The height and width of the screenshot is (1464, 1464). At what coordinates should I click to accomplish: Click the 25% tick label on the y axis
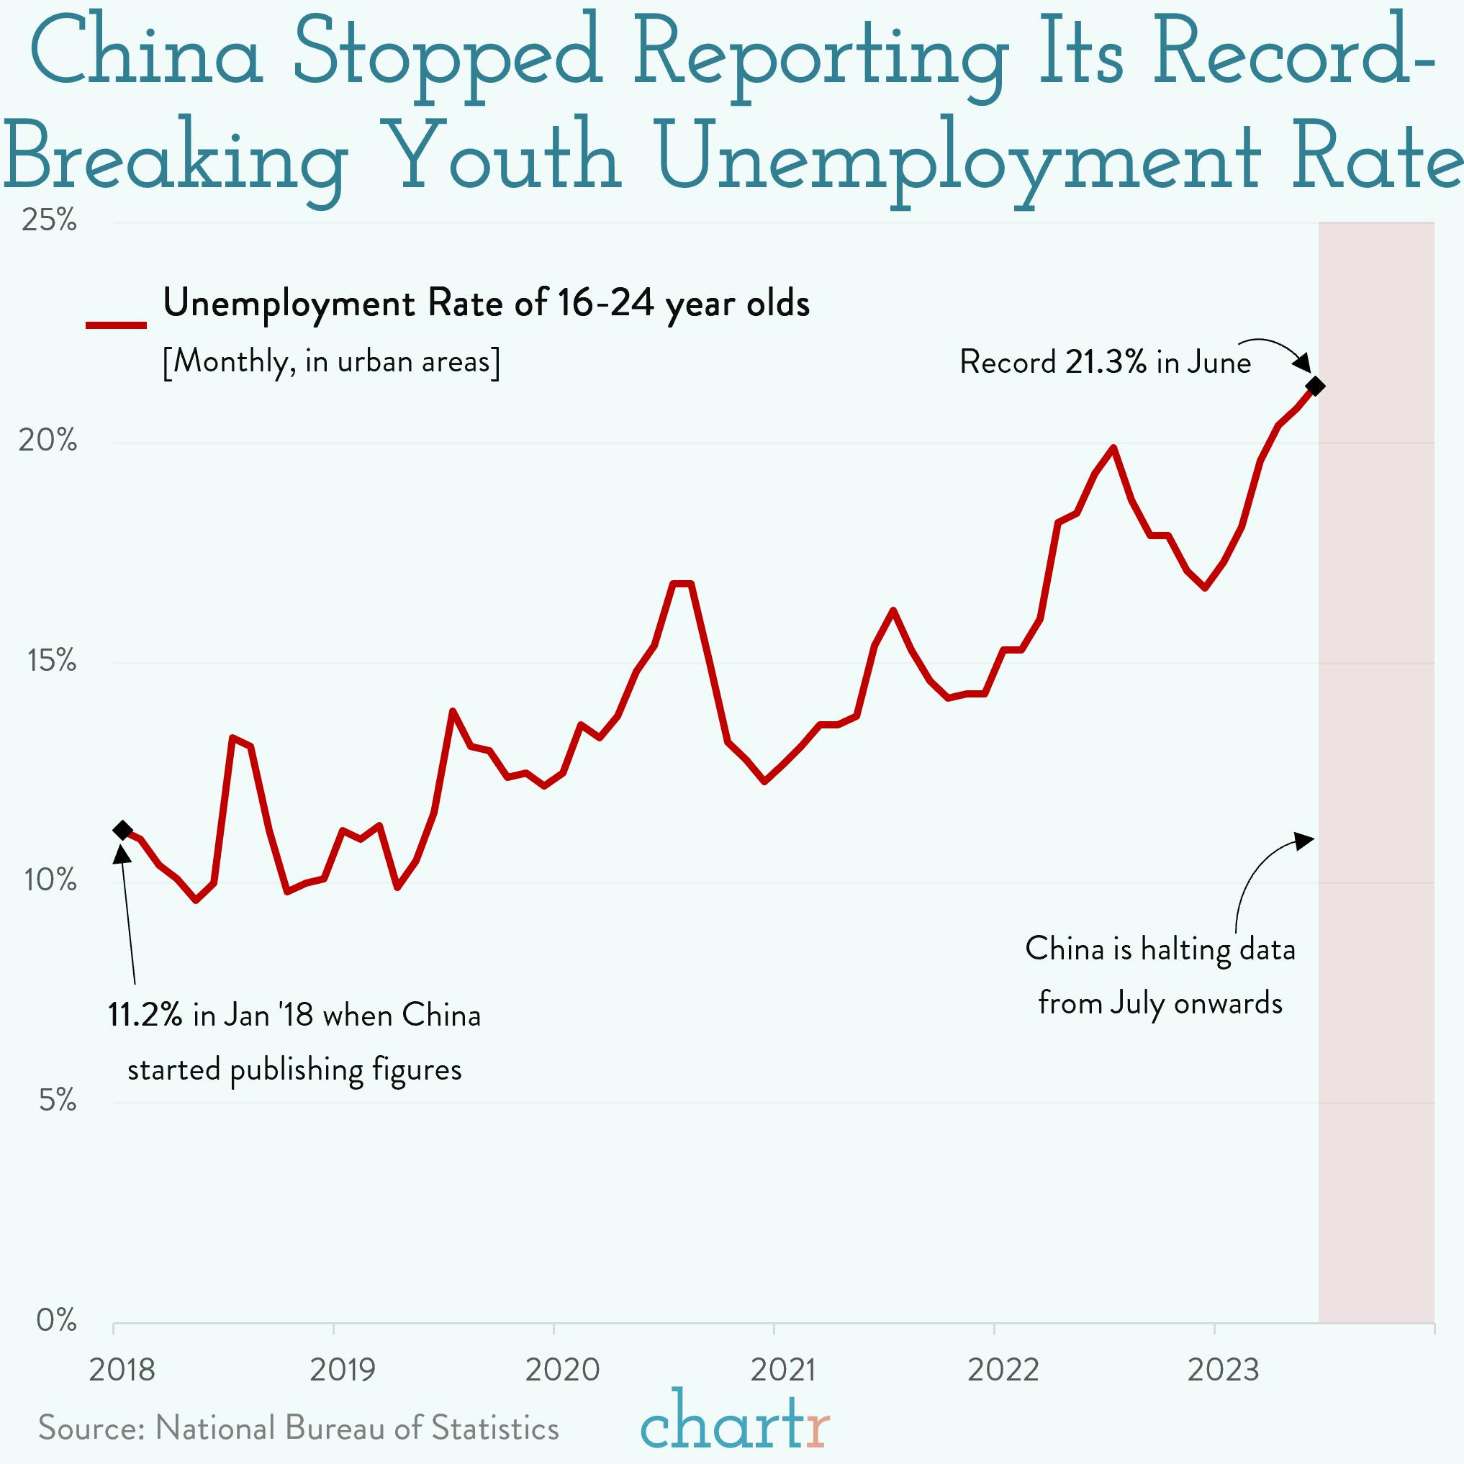[49, 220]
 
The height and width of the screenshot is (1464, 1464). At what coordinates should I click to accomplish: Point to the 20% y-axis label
[48, 440]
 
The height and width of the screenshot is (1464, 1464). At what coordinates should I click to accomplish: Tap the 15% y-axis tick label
[52, 661]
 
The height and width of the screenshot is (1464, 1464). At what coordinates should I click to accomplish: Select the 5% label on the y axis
[58, 1100]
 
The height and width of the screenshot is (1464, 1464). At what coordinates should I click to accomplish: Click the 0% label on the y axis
[56, 1320]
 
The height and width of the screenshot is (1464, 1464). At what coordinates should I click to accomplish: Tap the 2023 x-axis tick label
[1223, 1370]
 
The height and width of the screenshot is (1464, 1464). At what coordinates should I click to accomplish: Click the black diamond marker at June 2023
[1316, 387]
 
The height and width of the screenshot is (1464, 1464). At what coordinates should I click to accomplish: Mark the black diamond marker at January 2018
[123, 831]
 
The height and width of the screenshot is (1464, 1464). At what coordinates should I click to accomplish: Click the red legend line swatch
[116, 325]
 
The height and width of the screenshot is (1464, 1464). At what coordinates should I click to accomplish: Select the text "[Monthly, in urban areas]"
[331, 361]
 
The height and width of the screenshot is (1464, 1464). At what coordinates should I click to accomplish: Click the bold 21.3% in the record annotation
[1106, 362]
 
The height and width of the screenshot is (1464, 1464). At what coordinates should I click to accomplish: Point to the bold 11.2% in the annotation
[145, 1016]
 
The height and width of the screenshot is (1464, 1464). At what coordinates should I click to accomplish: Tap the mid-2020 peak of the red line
[682, 583]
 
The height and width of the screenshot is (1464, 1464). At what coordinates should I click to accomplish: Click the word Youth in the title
[507, 159]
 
